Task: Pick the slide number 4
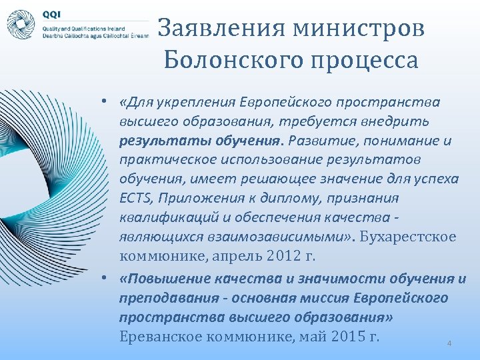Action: [x=449, y=343]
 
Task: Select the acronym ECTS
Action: [x=135, y=198]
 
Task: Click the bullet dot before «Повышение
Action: [x=107, y=278]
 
